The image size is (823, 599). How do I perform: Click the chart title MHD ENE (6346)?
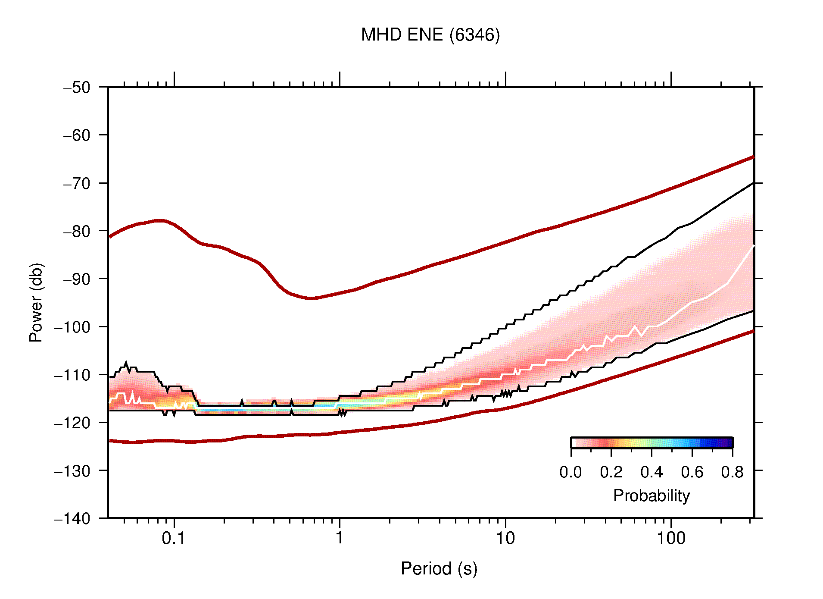pyautogui.click(x=430, y=35)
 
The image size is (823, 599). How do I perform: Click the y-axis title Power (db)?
pyautogui.click(x=36, y=302)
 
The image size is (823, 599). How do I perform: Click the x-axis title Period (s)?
pyautogui.click(x=439, y=569)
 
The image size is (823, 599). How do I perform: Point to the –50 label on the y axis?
pyautogui.click(x=77, y=88)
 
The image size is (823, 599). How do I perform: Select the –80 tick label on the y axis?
pyautogui.click(x=77, y=231)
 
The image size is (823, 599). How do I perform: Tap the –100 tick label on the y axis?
pyautogui.click(x=72, y=327)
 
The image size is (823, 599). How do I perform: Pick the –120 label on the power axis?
pyautogui.click(x=72, y=423)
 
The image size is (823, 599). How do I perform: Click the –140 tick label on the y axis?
pyautogui.click(x=72, y=518)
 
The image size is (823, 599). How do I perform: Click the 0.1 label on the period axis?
pyautogui.click(x=173, y=538)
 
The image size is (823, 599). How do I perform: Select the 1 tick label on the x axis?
pyautogui.click(x=340, y=538)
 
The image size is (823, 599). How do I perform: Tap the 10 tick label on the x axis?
pyautogui.click(x=505, y=538)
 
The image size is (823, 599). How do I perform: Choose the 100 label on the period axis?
pyautogui.click(x=670, y=538)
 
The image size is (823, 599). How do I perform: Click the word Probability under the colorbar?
pyautogui.click(x=651, y=496)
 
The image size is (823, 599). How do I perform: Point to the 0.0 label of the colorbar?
pyautogui.click(x=570, y=472)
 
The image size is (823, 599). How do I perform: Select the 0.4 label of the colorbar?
pyautogui.click(x=652, y=472)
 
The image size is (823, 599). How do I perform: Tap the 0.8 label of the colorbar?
pyautogui.click(x=732, y=472)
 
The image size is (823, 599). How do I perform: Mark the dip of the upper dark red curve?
pyautogui.click(x=311, y=298)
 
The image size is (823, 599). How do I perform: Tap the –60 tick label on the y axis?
pyautogui.click(x=77, y=135)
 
